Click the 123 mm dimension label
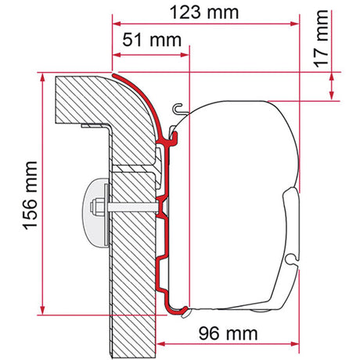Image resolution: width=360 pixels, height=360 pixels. [x=204, y=13]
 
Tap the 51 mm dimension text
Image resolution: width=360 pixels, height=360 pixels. [x=152, y=40]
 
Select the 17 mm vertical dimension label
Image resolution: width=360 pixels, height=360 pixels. [x=321, y=38]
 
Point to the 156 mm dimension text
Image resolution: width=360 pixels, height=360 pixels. [x=31, y=196]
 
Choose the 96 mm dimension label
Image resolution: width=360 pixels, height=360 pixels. [x=228, y=333]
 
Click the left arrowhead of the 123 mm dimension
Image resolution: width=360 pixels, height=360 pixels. [x=117, y=24]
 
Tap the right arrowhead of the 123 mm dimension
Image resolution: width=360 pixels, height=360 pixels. [x=295, y=24]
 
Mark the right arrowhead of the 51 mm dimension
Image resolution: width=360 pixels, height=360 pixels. [x=185, y=55]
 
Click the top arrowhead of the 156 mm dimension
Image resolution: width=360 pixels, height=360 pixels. [x=42, y=77]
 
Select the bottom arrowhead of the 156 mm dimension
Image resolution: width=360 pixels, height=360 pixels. [x=42, y=311]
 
